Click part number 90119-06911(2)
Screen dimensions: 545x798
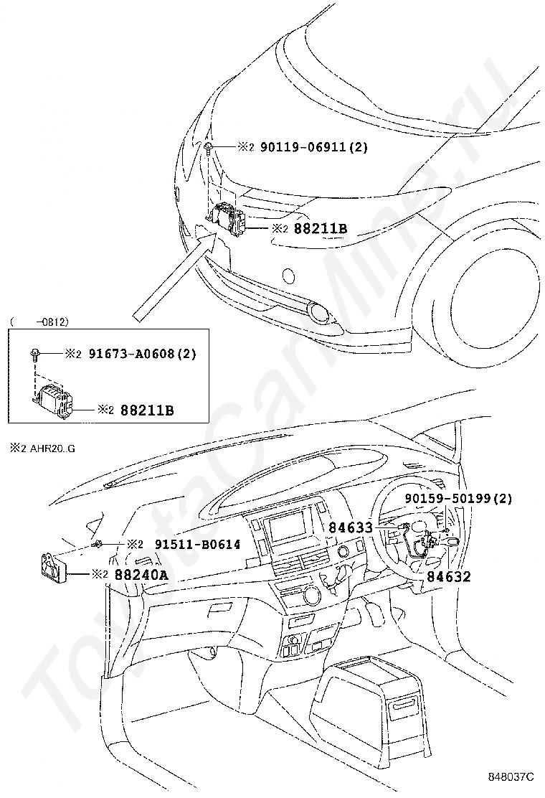[313, 147]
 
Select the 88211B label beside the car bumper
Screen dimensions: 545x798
[321, 228]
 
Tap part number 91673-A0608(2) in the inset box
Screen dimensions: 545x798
[143, 353]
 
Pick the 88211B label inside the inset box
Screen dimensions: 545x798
[147, 410]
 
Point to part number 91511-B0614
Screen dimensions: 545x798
[197, 544]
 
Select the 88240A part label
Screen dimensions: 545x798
[141, 575]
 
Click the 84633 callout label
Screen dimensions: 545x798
[350, 527]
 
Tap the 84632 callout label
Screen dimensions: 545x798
[448, 577]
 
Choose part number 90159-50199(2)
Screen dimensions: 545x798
[458, 498]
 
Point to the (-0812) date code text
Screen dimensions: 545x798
[39, 321]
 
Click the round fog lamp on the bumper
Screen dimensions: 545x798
[321, 312]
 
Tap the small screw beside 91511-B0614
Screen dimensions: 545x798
[97, 545]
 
